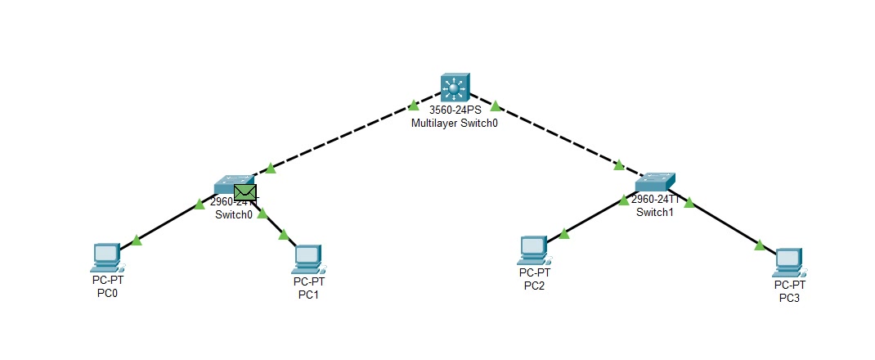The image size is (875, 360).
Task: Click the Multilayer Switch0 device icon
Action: [x=455, y=87]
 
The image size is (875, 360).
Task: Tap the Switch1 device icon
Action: [x=655, y=182]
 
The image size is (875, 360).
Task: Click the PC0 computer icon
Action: [x=107, y=257]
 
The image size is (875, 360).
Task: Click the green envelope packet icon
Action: [x=245, y=193]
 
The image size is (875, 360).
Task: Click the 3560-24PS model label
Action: [x=454, y=110]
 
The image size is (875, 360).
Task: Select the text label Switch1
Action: [x=654, y=212]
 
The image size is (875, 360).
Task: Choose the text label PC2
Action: [x=533, y=286]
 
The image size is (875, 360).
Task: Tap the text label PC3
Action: [x=790, y=297]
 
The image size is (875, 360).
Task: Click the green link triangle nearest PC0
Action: [x=137, y=241]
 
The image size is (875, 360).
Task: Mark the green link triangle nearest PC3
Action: [x=760, y=245]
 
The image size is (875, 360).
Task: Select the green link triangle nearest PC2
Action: [x=563, y=234]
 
